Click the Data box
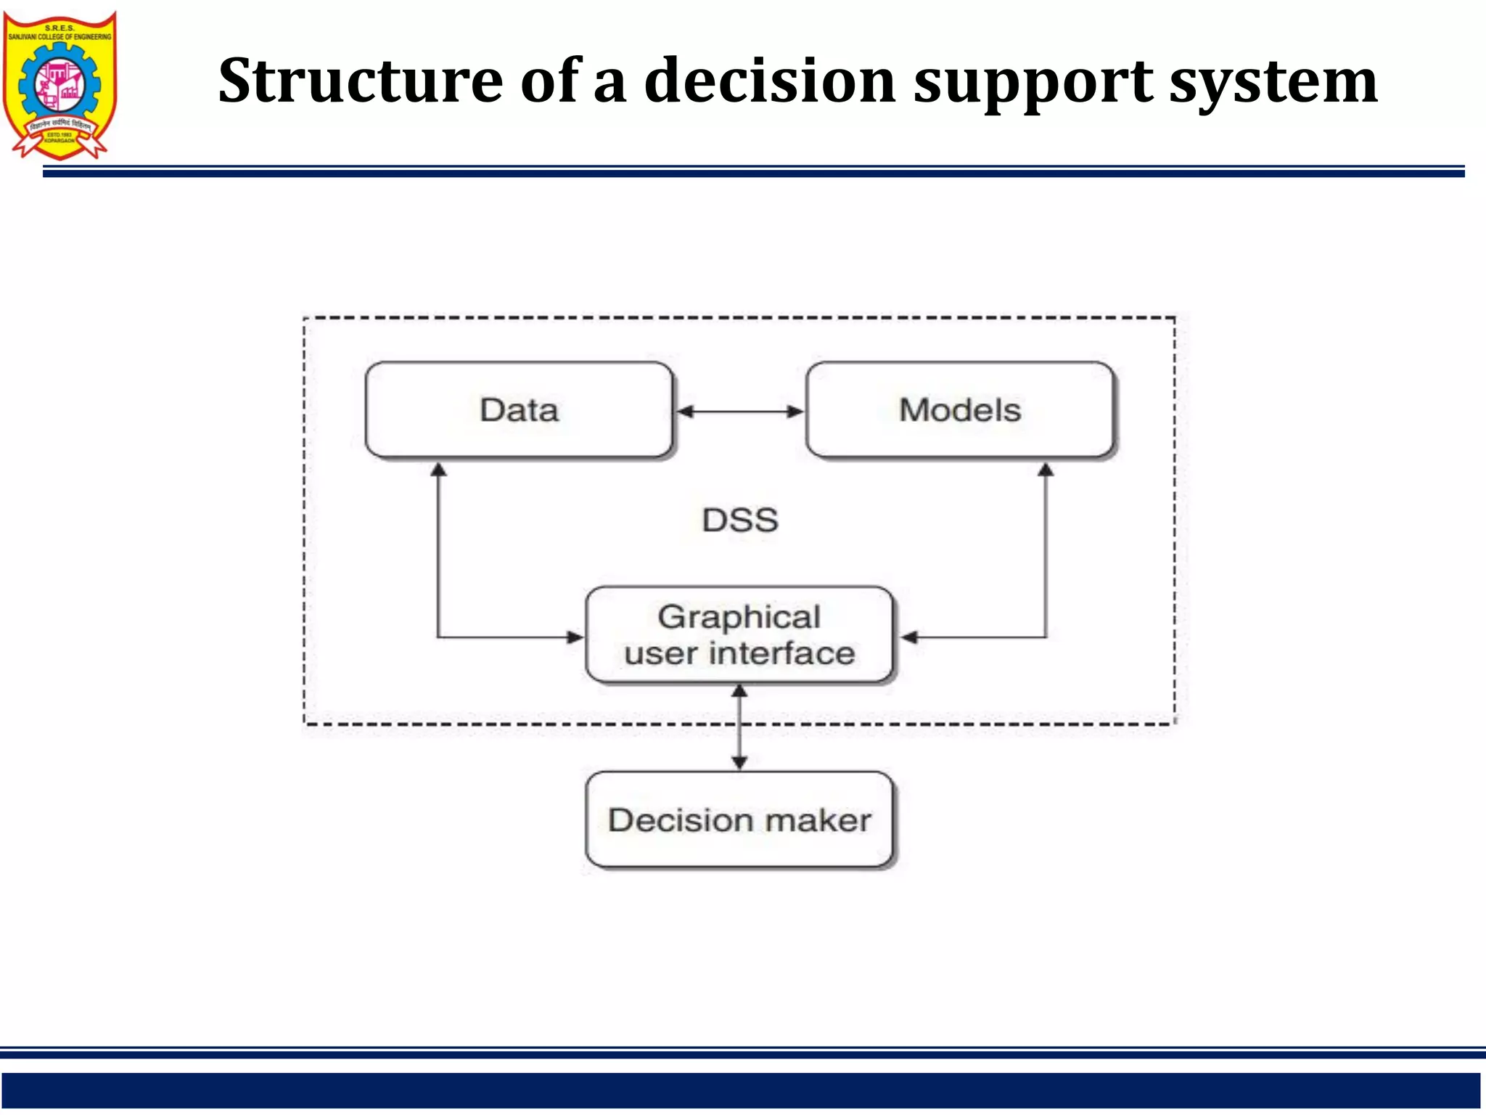pos(520,411)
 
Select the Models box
pos(960,411)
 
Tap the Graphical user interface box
pos(739,635)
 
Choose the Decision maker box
pos(739,820)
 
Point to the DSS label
pos(740,520)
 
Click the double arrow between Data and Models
pos(739,412)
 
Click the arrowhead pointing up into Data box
pos(438,470)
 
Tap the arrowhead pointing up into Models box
pos(1046,470)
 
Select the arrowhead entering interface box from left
pos(575,637)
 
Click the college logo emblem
pos(59,84)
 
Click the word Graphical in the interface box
pos(739,618)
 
